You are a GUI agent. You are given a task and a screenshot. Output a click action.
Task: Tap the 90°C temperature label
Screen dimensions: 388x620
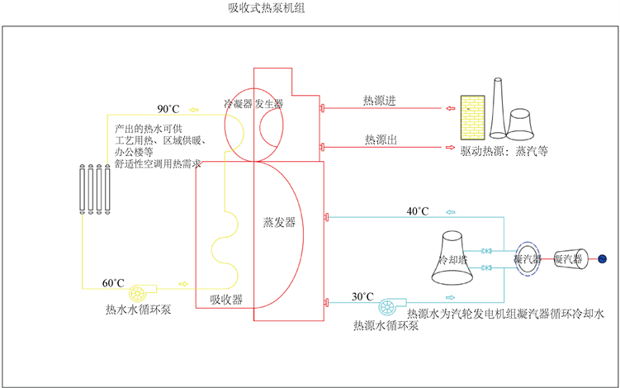click(168, 109)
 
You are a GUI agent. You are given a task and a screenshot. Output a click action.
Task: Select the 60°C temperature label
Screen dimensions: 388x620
click(114, 284)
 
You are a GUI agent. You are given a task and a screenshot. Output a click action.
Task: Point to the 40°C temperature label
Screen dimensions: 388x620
click(418, 211)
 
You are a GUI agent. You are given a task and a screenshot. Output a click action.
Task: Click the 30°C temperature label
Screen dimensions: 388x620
click(362, 297)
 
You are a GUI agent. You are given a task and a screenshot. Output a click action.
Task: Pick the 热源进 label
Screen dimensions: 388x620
click(380, 101)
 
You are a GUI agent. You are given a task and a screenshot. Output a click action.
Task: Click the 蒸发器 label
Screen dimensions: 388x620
click(279, 223)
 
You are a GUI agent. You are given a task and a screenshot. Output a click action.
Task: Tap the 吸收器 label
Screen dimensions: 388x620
click(226, 300)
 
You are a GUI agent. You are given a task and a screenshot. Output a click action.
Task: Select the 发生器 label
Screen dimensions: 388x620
click(269, 104)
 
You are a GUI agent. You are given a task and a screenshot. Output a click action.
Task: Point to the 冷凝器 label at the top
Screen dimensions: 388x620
click(238, 104)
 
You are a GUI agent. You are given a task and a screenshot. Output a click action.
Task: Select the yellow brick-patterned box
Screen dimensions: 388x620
click(471, 109)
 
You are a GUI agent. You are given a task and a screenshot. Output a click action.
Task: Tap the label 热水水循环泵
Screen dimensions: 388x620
click(138, 310)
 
